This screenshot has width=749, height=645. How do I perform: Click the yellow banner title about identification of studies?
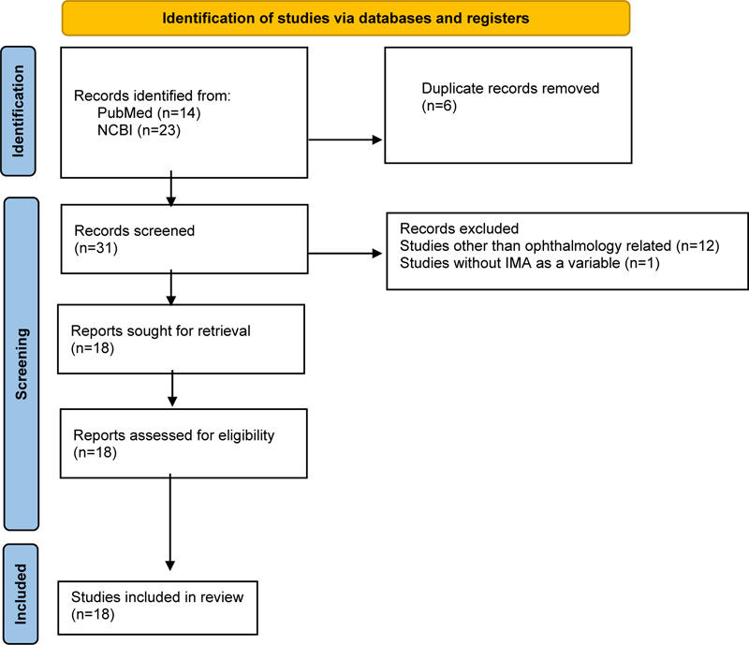[x=345, y=18]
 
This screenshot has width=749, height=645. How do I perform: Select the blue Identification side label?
[x=18, y=110]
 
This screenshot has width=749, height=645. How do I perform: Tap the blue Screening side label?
[x=22, y=363]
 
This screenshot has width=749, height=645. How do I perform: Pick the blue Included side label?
[x=20, y=594]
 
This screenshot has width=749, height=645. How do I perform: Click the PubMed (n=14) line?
[x=149, y=112]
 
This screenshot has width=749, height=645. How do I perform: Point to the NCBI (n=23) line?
[x=139, y=130]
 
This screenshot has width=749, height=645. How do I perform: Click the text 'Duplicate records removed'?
[x=510, y=88]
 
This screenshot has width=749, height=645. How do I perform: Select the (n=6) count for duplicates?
[x=439, y=106]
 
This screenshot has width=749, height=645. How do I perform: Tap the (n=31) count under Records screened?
[x=95, y=248]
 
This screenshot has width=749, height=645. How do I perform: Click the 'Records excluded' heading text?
[x=459, y=228]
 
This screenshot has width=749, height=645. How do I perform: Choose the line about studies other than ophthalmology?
[x=559, y=245]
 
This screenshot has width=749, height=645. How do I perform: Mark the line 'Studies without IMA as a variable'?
[x=530, y=263]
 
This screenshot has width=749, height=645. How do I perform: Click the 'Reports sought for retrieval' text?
[x=160, y=330]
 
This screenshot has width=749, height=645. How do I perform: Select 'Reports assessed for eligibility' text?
[x=174, y=435]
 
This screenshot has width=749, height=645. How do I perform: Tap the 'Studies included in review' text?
[x=157, y=596]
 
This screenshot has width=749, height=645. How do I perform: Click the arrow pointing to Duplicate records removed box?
[x=345, y=139]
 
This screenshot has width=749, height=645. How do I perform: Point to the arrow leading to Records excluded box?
[x=345, y=253]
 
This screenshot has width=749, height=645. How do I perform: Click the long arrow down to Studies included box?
[x=169, y=522]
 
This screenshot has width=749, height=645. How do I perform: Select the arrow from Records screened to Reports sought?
[x=171, y=287]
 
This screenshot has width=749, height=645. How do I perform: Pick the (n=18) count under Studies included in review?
[x=93, y=614]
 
